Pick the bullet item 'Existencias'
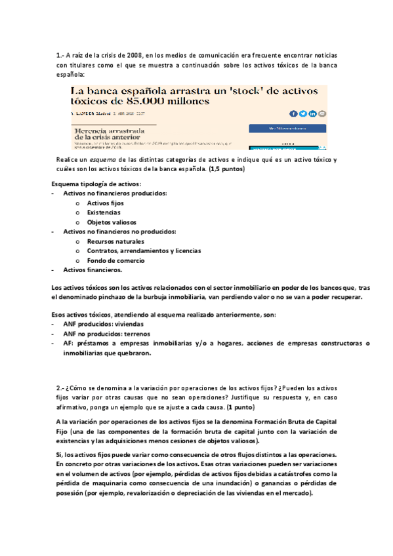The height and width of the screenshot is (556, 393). click(x=104, y=213)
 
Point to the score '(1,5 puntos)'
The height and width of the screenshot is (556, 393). click(x=227, y=169)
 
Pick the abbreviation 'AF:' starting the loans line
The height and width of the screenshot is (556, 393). click(x=68, y=344)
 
